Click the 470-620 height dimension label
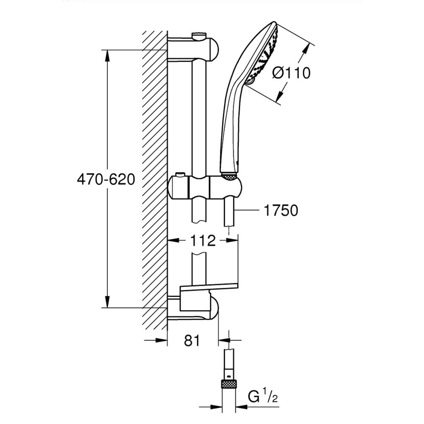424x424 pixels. [x=106, y=179]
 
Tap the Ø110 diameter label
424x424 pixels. [x=291, y=73]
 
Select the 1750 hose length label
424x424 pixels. [x=281, y=210]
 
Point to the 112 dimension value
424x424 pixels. [x=203, y=240]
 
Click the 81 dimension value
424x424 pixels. [x=192, y=340]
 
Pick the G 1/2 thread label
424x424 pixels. [x=262, y=396]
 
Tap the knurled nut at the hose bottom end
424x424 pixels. [x=229, y=384]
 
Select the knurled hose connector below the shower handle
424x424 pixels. [x=229, y=176]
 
